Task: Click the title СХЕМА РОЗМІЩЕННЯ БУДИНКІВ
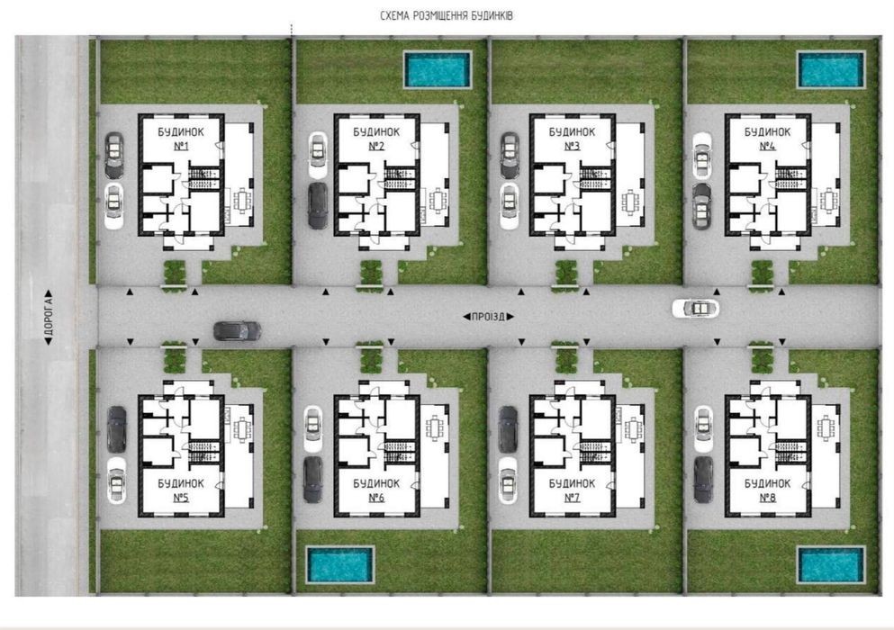click(x=447, y=15)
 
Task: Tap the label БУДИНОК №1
click(x=181, y=139)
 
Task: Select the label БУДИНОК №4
click(x=767, y=139)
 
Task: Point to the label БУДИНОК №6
click(x=376, y=490)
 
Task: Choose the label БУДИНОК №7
click(x=572, y=490)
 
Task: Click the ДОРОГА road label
click(x=49, y=318)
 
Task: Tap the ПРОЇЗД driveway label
click(x=488, y=317)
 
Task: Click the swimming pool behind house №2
click(x=438, y=69)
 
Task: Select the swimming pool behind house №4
click(x=831, y=69)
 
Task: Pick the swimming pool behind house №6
click(x=339, y=564)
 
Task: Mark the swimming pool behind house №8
click(x=831, y=564)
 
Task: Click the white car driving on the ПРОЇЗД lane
click(x=696, y=309)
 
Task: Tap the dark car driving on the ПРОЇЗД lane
click(x=237, y=330)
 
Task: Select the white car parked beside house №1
click(x=114, y=206)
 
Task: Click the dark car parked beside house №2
click(x=318, y=206)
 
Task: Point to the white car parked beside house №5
click(x=116, y=481)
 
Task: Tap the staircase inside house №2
click(x=399, y=177)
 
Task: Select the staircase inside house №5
click(x=203, y=452)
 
